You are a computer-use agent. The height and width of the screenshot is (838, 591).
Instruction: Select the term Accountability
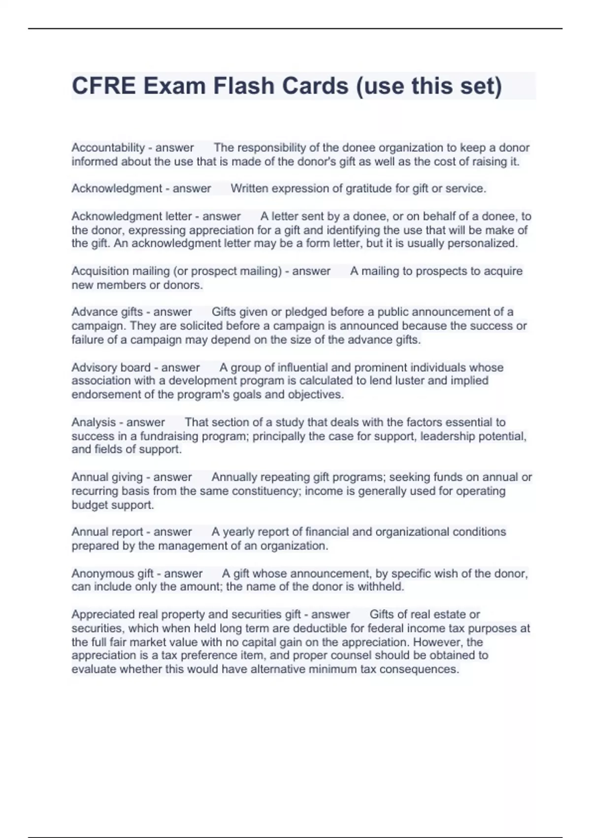[108, 148]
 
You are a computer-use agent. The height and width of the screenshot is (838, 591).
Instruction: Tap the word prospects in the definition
[439, 271]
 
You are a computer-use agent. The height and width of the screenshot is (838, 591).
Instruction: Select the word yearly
[238, 532]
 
